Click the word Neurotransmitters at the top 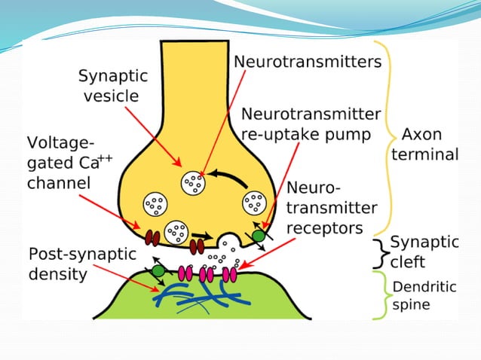pyautogui.click(x=307, y=62)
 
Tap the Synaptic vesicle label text pyautogui.click(x=113, y=86)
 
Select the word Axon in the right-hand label pyautogui.click(x=422, y=135)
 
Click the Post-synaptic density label pyautogui.click(x=81, y=263)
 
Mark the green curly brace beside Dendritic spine pyautogui.click(x=383, y=296)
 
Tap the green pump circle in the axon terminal pyautogui.click(x=259, y=235)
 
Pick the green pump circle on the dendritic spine pyautogui.click(x=158, y=270)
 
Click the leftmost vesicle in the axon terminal pyautogui.click(x=156, y=203)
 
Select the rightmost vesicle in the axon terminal pyautogui.click(x=254, y=203)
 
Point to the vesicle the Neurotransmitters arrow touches pyautogui.click(x=194, y=182)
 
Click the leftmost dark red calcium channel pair pyautogui.click(x=152, y=237)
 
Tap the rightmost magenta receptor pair pyautogui.click(x=229, y=274)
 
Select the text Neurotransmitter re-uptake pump pyautogui.click(x=310, y=124)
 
